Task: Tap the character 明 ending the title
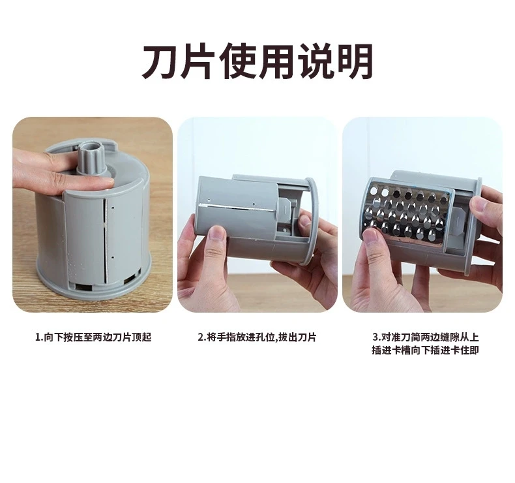pos(355,63)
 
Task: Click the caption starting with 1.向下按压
pos(93,337)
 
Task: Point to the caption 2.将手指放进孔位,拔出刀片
pos(257,337)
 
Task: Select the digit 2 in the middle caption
pos(201,337)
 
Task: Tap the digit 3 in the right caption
pos(375,337)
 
